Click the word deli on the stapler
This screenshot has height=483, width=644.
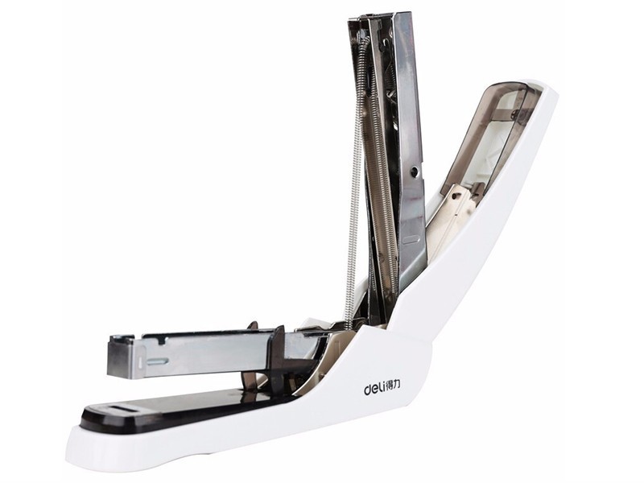[x=374, y=389]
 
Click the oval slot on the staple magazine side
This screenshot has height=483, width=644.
[x=158, y=361]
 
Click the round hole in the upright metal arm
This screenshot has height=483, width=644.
[x=415, y=171]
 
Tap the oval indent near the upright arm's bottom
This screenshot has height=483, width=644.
[x=412, y=240]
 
